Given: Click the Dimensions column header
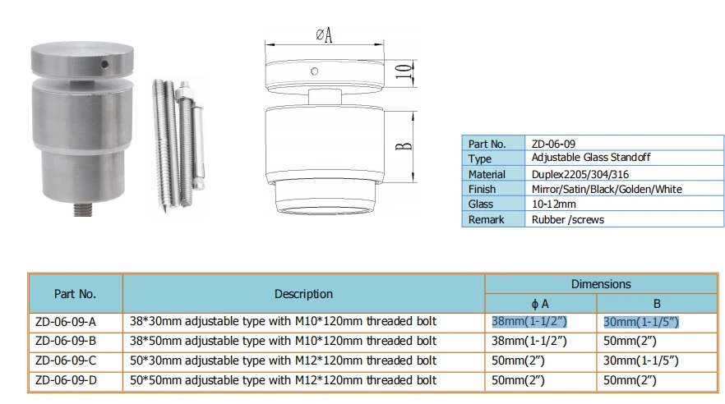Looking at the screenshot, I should pyautogui.click(x=600, y=283).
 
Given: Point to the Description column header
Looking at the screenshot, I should pyautogui.click(x=303, y=293).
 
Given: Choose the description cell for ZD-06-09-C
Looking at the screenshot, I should pyautogui.click(x=283, y=360).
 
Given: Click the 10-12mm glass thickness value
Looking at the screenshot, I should pyautogui.click(x=555, y=204).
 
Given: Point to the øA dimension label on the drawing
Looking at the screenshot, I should pyautogui.click(x=324, y=35).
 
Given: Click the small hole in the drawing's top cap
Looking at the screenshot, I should pyautogui.click(x=313, y=71).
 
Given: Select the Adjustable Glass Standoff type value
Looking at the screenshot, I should pyautogui.click(x=583, y=158).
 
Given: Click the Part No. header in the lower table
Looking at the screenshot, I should pyautogui.click(x=75, y=293).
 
